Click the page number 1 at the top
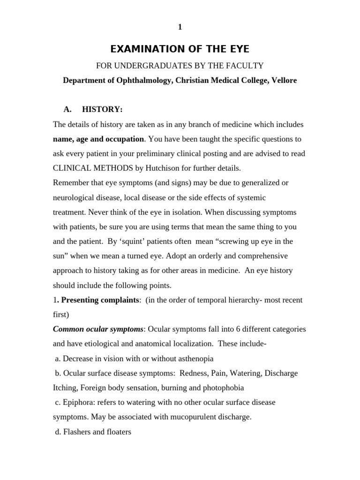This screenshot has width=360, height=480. (180, 27)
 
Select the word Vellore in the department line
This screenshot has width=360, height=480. (283, 80)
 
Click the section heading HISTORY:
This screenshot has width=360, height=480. (102, 109)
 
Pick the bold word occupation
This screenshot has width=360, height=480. (123, 139)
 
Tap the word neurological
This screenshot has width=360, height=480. (74, 198)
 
